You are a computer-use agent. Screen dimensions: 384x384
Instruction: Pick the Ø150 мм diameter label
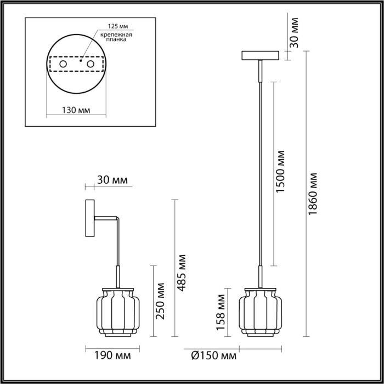pyautogui.click(x=211, y=355)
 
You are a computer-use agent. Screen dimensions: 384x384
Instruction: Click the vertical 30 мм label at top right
pyautogui.click(x=294, y=32)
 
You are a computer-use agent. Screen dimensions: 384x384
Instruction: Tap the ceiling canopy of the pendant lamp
pyautogui.click(x=261, y=55)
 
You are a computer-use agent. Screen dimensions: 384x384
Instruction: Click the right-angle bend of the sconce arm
pyautogui.click(x=117, y=221)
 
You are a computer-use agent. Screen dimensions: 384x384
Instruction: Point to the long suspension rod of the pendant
pyautogui.click(x=261, y=165)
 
